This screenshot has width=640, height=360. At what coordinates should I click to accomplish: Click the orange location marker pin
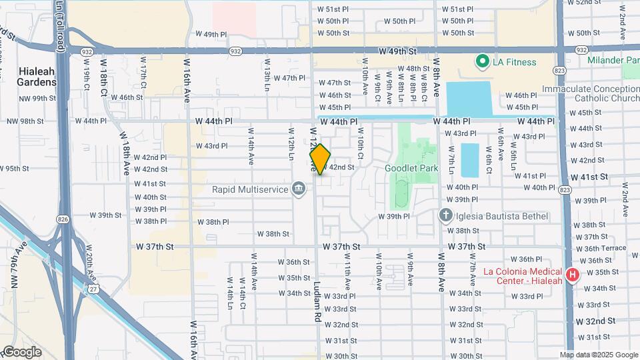coord(320,159)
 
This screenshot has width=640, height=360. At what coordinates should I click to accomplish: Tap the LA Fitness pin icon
coord(481,62)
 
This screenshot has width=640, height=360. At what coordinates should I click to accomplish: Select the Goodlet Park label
coord(411,168)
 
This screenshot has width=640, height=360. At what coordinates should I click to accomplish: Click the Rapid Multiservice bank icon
coord(299,189)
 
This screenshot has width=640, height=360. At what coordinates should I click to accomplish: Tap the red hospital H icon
coord(571,275)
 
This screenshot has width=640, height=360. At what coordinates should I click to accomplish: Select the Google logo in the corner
coord(21,352)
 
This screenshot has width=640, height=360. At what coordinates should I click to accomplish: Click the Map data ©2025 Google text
coord(599,355)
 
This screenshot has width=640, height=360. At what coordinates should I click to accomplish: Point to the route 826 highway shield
coord(63,218)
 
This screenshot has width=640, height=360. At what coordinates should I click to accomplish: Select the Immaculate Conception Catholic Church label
coord(590,94)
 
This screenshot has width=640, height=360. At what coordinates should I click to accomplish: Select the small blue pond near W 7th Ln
coord(469,159)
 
